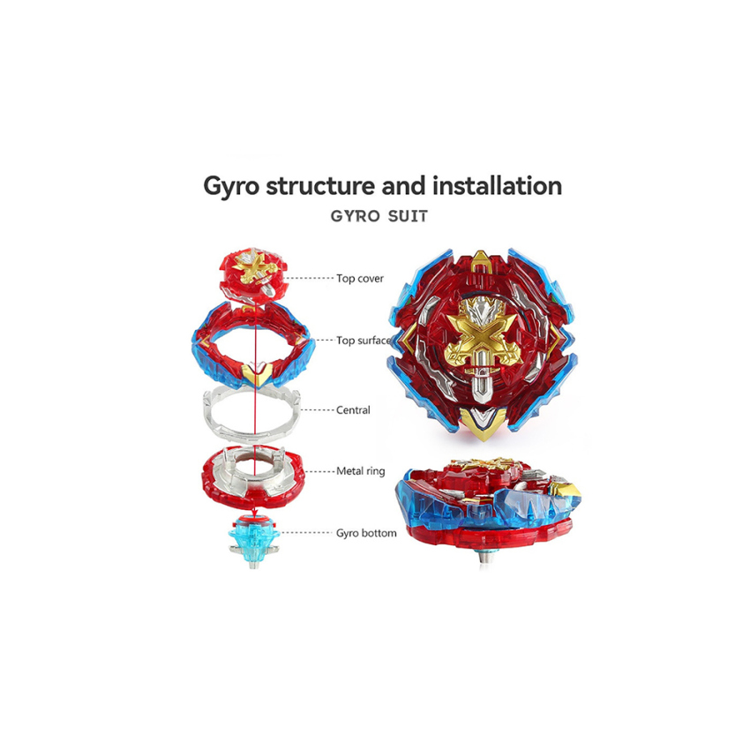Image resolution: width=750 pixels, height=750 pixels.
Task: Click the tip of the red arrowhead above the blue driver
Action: coord(254,517)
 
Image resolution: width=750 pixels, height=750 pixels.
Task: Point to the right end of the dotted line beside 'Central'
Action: coord(333,410)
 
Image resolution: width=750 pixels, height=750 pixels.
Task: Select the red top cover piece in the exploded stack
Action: coord(254,277)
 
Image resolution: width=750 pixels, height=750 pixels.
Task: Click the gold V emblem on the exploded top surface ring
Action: coord(257,373)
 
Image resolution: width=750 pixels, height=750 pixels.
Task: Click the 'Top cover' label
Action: coord(360,278)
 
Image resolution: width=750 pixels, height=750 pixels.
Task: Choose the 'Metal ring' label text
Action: coord(361,472)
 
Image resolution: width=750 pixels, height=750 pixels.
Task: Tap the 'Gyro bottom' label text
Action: coord(366,533)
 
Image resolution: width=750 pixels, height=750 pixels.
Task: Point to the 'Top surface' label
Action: coord(364,341)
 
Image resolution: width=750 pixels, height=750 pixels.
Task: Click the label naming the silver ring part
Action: coord(353,410)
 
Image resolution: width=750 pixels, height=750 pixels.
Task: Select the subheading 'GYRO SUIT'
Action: coord(379,216)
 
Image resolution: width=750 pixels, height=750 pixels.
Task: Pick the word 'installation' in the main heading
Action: coord(498,185)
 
